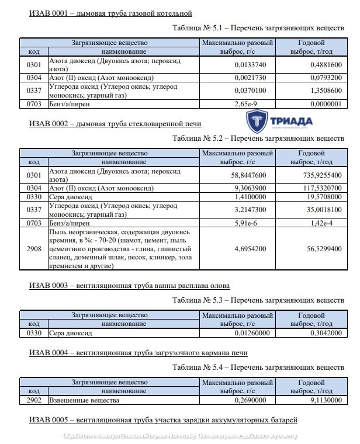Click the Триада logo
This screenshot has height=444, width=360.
pyautogui.click(x=279, y=122)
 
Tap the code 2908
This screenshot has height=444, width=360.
pyautogui.click(x=34, y=247)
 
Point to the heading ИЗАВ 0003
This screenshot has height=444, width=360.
pyautogui.click(x=129, y=286)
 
